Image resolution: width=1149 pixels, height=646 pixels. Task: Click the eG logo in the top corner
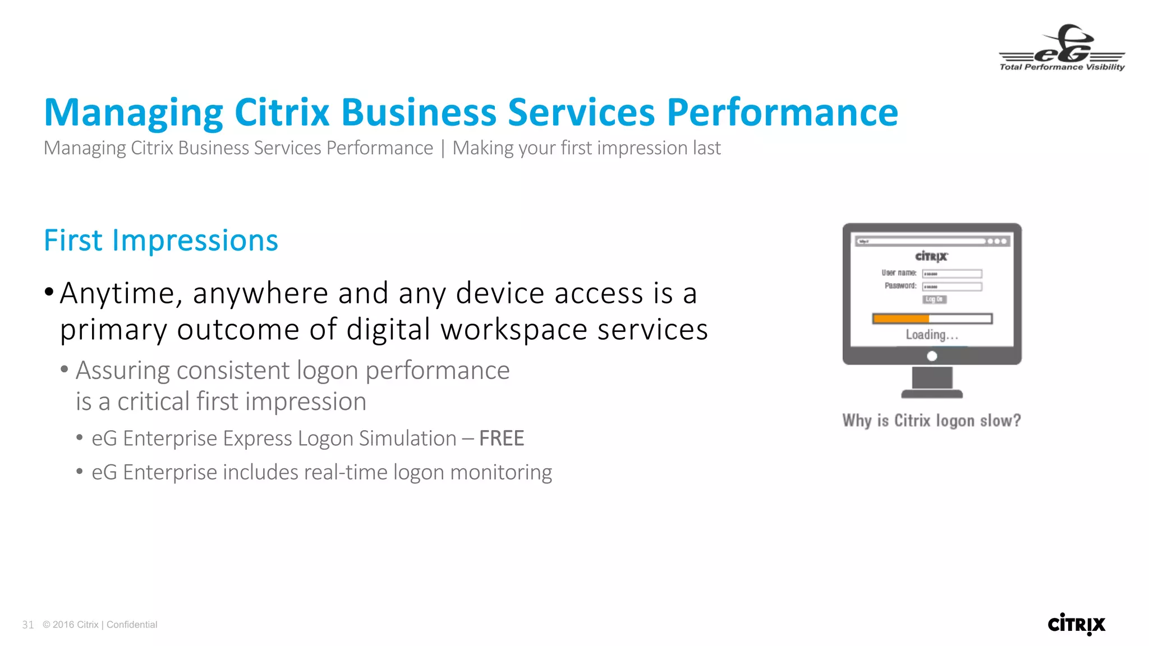[x=1062, y=48]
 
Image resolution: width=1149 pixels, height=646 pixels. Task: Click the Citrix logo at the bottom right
[x=1076, y=624]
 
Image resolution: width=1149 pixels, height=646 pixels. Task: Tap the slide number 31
[x=28, y=625]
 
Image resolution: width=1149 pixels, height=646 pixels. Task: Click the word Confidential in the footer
[x=132, y=625]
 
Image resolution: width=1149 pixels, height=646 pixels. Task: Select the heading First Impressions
[x=161, y=241]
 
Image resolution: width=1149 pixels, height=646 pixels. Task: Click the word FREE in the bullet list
[x=502, y=439]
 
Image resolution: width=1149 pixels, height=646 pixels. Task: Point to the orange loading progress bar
[x=901, y=319]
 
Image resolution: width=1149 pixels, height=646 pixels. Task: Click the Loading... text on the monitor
[x=932, y=335]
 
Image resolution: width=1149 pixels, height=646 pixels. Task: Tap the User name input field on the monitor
[x=952, y=274]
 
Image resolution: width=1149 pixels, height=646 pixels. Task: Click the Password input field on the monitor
[x=952, y=287]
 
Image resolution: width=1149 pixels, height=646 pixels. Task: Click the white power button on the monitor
[x=932, y=356]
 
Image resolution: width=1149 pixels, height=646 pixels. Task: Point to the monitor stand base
[x=932, y=394]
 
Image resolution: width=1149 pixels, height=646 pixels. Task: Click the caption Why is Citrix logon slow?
[x=931, y=421]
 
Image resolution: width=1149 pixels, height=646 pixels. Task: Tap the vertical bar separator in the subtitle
[x=443, y=149]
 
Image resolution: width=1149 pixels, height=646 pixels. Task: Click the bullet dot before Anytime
[x=49, y=292]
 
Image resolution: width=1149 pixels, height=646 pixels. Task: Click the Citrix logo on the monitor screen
[x=931, y=256]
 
